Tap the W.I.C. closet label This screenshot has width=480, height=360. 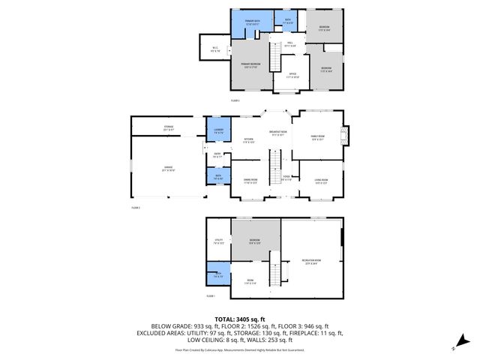pyautogui.click(x=215, y=49)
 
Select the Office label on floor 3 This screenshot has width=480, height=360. pyautogui.click(x=293, y=74)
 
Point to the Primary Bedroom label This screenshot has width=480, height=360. pyautogui.click(x=250, y=66)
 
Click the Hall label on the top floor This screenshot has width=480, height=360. pyautogui.click(x=290, y=44)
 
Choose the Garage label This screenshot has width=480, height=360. pyautogui.click(x=168, y=168)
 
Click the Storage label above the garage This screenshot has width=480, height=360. pyautogui.click(x=168, y=127)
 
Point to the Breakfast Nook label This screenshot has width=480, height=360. pyautogui.click(x=279, y=133)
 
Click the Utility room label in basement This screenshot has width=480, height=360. pyautogui.click(x=219, y=242)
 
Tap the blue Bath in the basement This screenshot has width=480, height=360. pyautogui.click(x=218, y=275)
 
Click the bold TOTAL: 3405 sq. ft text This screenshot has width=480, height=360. pyautogui.click(x=240, y=319)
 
